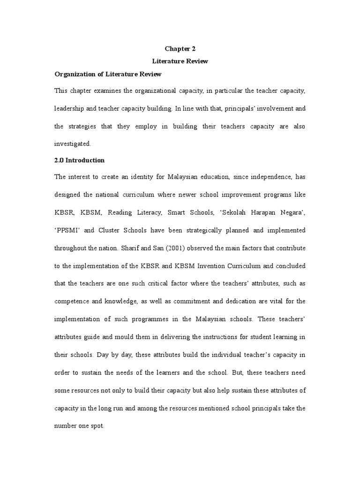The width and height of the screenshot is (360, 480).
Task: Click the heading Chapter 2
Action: point(180,49)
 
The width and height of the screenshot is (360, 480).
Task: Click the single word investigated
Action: point(73,144)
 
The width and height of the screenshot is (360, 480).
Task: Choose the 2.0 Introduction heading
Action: point(80,160)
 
